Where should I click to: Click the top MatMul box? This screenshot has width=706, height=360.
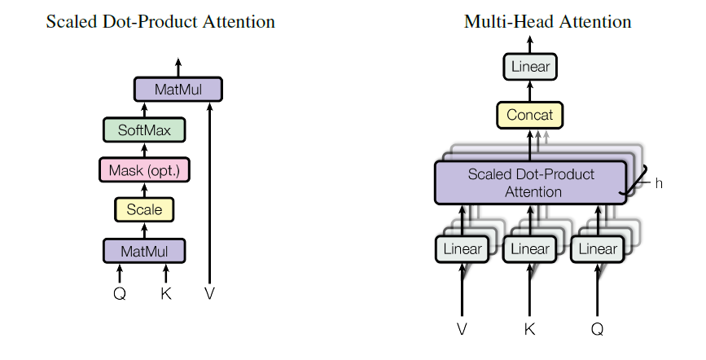[x=178, y=89]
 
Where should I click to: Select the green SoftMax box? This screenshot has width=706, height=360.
[x=144, y=130]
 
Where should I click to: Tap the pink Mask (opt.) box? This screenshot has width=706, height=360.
[x=144, y=170]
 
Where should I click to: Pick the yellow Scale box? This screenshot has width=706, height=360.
[x=144, y=210]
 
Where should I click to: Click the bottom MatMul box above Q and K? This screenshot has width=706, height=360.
[x=144, y=251]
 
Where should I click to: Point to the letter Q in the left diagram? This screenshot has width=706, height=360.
[x=120, y=294]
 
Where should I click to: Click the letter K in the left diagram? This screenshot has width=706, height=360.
[x=166, y=294]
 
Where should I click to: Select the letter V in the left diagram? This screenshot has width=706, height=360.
[x=210, y=294]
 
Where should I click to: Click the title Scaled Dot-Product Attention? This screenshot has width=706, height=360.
[x=160, y=22]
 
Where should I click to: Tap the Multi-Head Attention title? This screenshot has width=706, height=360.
[x=547, y=22]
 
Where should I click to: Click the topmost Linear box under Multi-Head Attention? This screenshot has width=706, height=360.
[x=530, y=67]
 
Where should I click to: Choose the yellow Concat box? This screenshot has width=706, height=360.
[x=530, y=115]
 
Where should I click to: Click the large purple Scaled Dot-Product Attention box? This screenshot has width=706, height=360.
[x=531, y=182]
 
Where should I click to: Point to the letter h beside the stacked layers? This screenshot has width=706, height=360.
[x=659, y=183]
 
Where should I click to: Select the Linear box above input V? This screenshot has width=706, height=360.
[x=463, y=248]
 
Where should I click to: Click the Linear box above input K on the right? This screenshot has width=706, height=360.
[x=530, y=248]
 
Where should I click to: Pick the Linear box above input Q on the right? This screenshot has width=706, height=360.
[x=597, y=248]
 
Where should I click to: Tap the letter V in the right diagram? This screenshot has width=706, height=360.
[x=463, y=330]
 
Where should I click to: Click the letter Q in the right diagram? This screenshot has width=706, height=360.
[x=598, y=330]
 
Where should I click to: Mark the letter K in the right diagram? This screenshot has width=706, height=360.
[x=530, y=330]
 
